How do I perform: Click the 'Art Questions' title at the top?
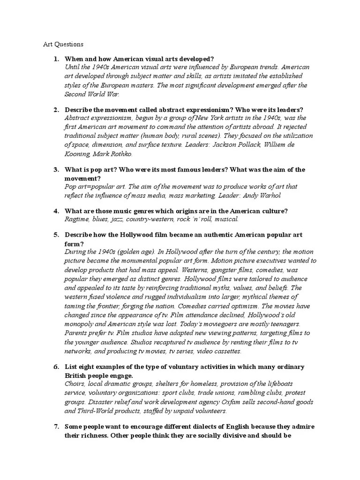(x=63, y=45)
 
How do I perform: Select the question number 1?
(x=56, y=59)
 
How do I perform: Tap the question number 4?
(x=56, y=211)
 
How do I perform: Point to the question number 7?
(x=56, y=426)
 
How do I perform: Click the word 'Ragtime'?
(x=76, y=219)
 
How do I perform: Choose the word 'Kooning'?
(x=78, y=153)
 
